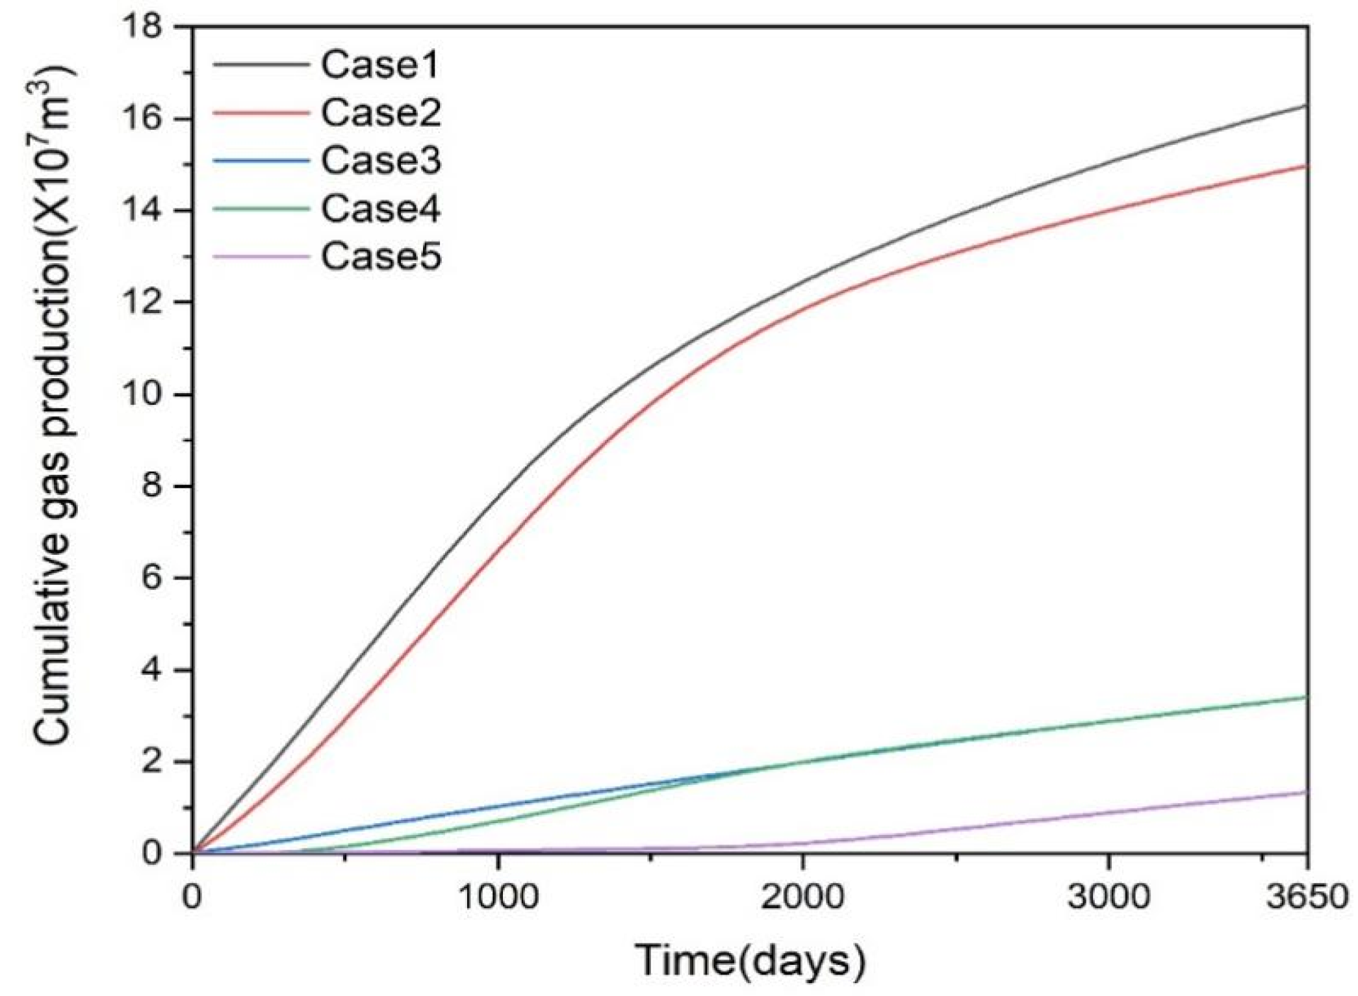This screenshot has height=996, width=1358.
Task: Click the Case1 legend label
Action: click(x=381, y=64)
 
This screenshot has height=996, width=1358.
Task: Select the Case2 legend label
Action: click(x=381, y=112)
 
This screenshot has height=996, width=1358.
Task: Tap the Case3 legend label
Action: click(x=381, y=160)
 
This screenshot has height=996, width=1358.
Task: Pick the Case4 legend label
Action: click(x=381, y=209)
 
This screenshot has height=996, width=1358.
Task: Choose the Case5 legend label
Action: click(x=381, y=257)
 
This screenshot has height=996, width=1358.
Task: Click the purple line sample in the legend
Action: click(x=261, y=257)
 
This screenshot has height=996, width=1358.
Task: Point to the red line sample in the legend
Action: click(x=261, y=112)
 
